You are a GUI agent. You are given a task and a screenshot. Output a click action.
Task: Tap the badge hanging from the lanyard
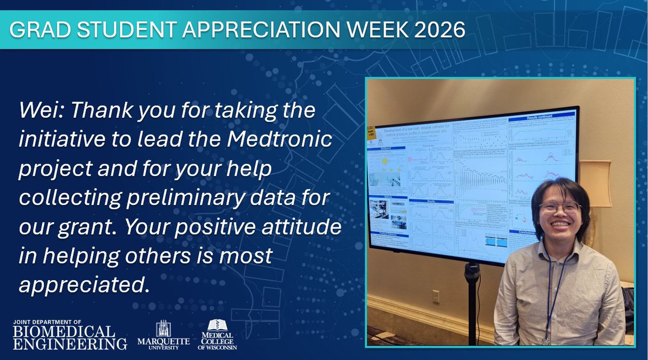coord(546,341)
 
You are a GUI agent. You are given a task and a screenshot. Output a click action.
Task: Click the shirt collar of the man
coord(556,249)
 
